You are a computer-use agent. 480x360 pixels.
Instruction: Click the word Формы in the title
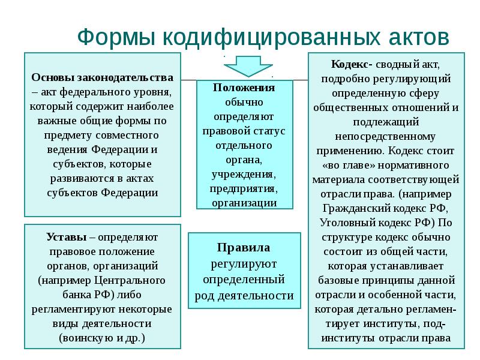coord(116,38)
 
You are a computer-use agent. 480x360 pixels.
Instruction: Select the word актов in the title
coord(418,38)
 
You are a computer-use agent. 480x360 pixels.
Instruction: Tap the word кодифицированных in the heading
coord(272,38)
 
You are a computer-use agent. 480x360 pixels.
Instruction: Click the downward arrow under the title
coord(248,66)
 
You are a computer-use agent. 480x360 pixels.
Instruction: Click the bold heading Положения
coord(244,88)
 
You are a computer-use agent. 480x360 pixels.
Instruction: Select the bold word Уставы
coord(67,237)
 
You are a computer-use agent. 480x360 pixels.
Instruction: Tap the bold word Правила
coord(244,247)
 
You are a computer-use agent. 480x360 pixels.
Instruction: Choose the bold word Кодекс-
coord(352,64)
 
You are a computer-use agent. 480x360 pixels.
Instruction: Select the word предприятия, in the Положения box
coord(244,188)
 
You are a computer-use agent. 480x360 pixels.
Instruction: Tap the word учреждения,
coord(244,174)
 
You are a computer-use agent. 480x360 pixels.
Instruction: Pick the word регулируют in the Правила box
coord(244,264)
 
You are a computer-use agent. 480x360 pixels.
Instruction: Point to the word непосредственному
coord(385,136)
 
